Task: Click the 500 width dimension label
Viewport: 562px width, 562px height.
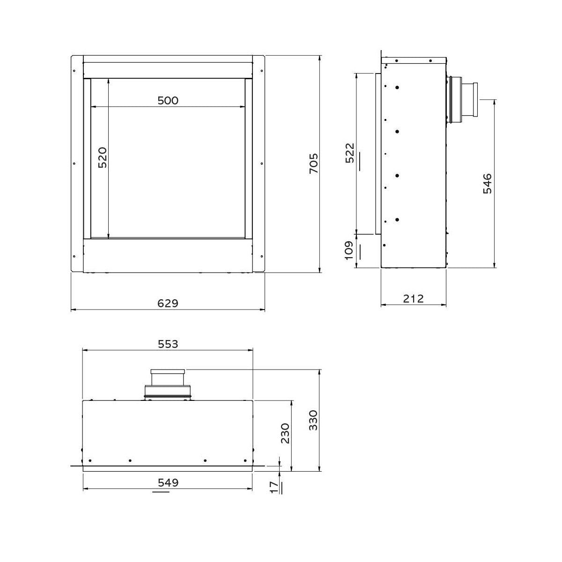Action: click(x=168, y=100)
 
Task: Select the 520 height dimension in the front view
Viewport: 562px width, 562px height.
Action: click(x=103, y=157)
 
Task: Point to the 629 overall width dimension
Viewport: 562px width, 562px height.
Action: click(x=168, y=303)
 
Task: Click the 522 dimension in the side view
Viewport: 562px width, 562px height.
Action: click(x=350, y=153)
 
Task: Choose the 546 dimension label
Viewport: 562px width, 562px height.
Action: click(x=487, y=184)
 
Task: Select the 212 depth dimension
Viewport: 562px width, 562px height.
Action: click(x=413, y=298)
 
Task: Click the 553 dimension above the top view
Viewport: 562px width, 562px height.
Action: click(x=168, y=344)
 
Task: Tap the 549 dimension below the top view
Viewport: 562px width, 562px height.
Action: click(x=168, y=482)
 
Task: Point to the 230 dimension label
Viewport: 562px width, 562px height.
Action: click(x=285, y=433)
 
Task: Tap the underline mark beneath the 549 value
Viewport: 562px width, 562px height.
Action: click(x=160, y=492)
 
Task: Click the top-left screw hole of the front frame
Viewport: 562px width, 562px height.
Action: click(x=74, y=71)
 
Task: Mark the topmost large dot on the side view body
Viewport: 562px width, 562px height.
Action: click(x=397, y=87)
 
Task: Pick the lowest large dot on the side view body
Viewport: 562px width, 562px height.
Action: click(x=397, y=219)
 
